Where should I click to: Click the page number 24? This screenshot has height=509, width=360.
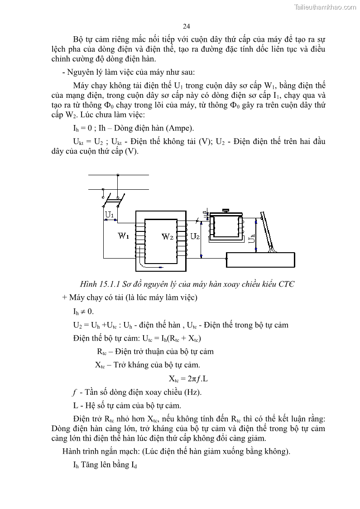tap(187, 26)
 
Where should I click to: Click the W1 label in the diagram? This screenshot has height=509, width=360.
tap(124, 236)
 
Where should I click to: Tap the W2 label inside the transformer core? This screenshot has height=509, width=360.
tap(168, 236)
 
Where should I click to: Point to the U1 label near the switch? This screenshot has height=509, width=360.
tap(109, 214)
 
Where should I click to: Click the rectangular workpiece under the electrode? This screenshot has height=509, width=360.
tap(260, 260)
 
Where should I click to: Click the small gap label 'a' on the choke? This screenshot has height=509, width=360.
tap(204, 212)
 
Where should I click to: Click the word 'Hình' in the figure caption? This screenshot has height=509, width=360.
tap(89, 284)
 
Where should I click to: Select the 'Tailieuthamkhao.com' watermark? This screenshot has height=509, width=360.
tap(325, 7)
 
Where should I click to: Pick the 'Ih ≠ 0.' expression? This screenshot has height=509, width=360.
tap(83, 312)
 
